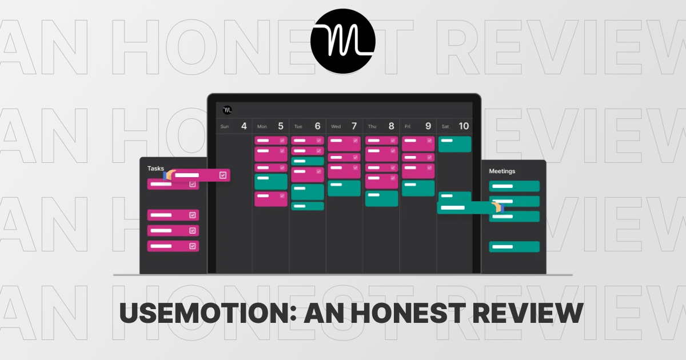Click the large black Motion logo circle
point(343,42)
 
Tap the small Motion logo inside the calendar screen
point(227,110)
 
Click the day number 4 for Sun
point(244,126)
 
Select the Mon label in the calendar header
point(262,127)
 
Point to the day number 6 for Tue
point(317,126)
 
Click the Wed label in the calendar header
point(336,127)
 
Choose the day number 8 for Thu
point(391,126)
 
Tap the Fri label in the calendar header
point(408,127)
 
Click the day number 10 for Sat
point(464,126)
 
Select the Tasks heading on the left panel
point(155,169)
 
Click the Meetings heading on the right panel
point(502,171)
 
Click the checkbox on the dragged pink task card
point(223,175)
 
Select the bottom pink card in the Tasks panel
point(173,246)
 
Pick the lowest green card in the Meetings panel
point(514,247)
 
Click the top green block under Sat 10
point(454,144)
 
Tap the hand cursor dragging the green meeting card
point(497,207)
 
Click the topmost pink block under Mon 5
point(271,141)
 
